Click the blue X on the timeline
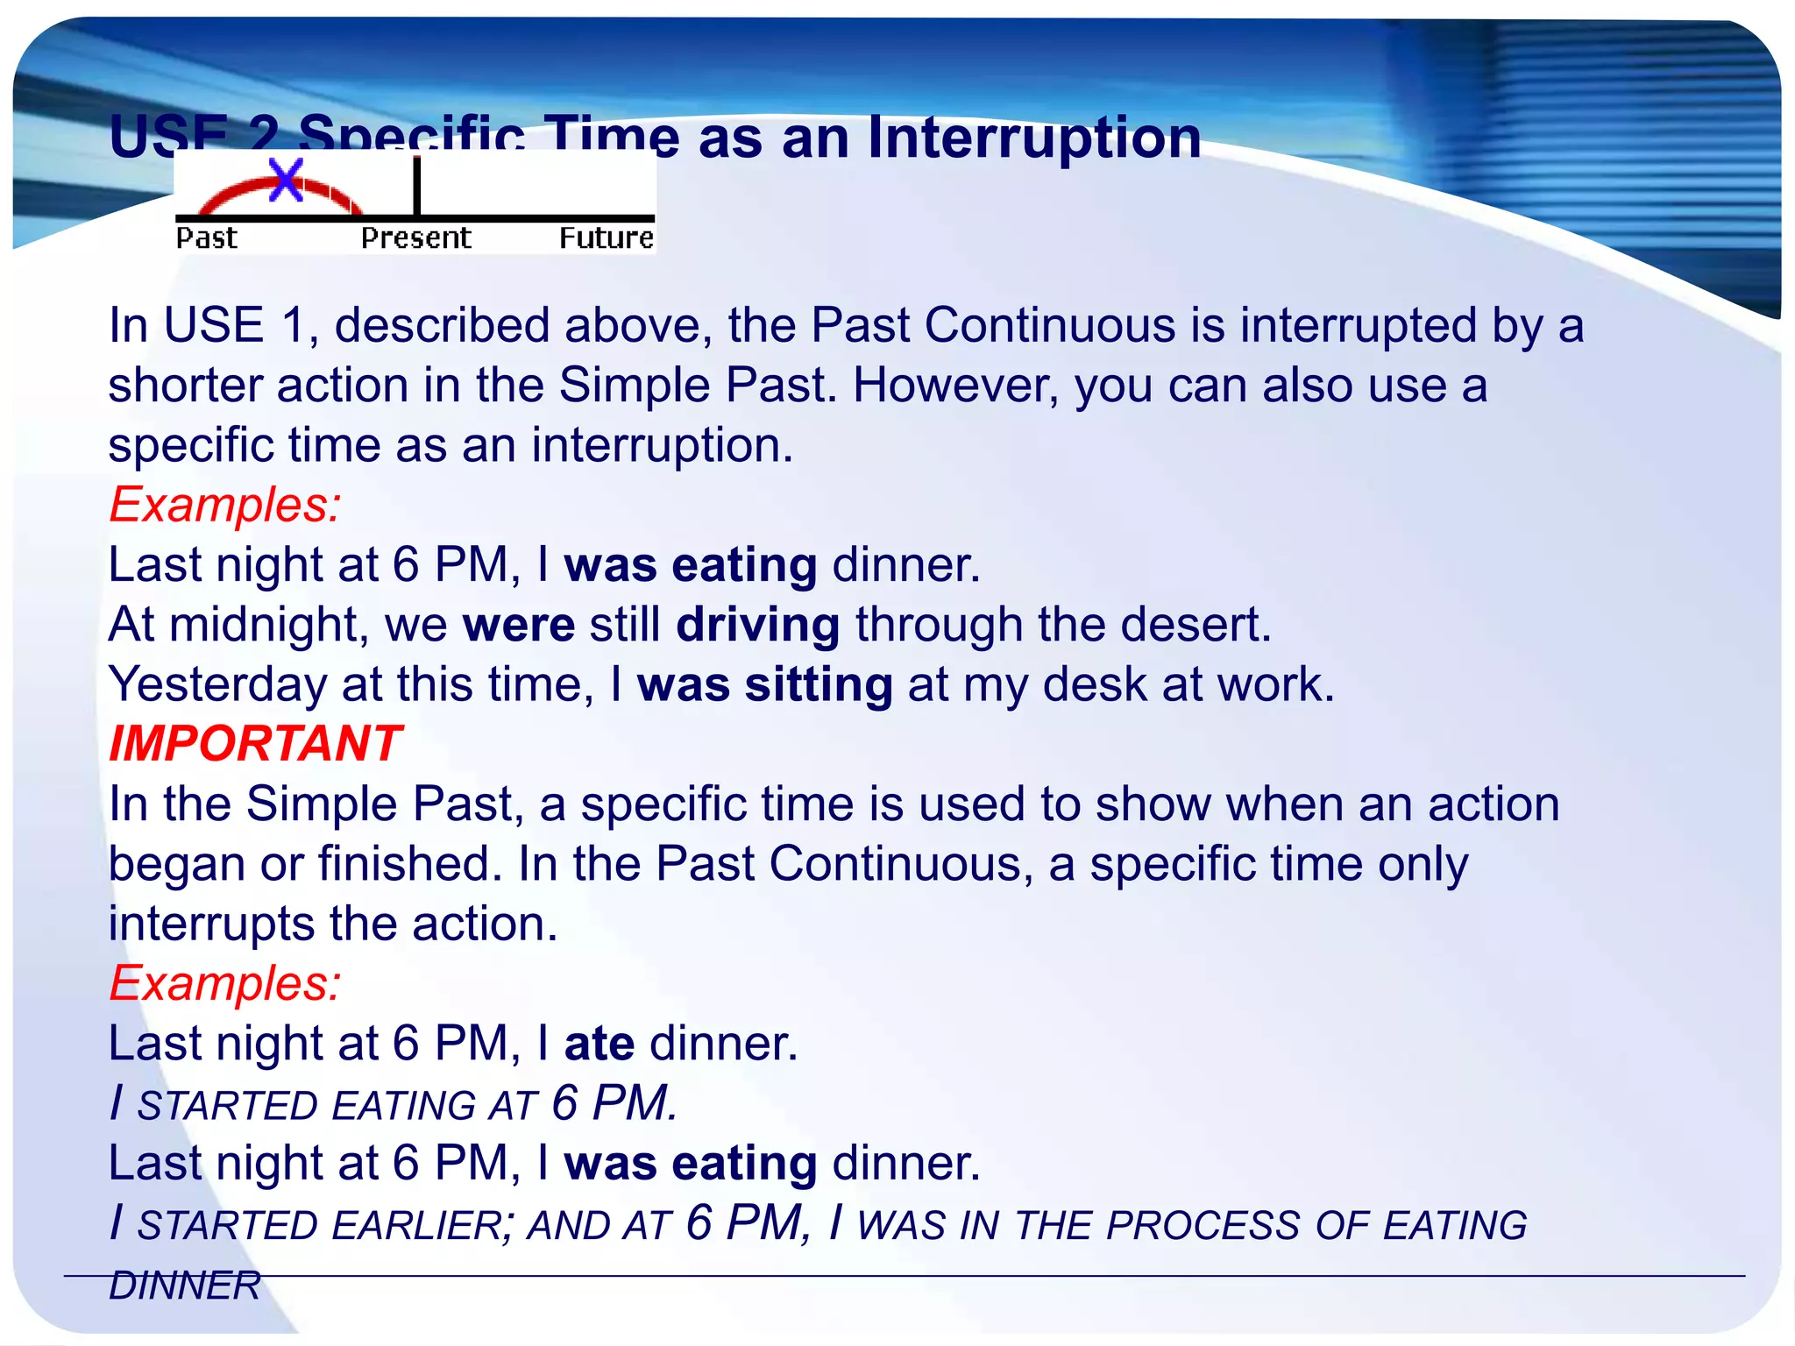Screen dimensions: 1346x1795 click(x=286, y=180)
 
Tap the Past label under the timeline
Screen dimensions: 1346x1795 click(x=207, y=238)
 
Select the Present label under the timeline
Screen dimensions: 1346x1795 click(x=416, y=238)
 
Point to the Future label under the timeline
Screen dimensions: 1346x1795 click(x=607, y=238)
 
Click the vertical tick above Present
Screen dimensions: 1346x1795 click(x=417, y=186)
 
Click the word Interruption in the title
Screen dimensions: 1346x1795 click(x=1034, y=138)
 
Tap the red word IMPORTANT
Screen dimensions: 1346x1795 click(x=255, y=744)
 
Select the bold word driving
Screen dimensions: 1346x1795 click(x=758, y=626)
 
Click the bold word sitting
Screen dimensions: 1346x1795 click(x=819, y=685)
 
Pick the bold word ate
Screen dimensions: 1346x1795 click(x=600, y=1045)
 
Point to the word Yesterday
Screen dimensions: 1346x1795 click(x=217, y=685)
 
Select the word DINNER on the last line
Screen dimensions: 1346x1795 click(x=185, y=1286)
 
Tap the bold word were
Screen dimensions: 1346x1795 click(x=519, y=626)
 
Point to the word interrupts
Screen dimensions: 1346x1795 click(x=211, y=924)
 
